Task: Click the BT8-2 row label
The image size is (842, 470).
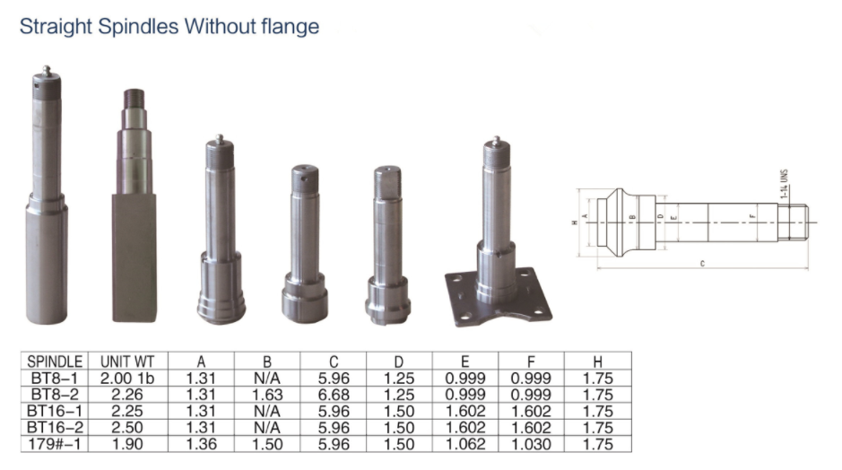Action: (53, 394)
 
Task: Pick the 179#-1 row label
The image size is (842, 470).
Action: (53, 444)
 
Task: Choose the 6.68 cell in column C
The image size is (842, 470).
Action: (334, 394)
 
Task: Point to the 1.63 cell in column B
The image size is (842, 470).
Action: (267, 394)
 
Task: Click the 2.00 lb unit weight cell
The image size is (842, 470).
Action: (127, 378)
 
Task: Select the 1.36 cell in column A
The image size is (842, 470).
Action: (201, 444)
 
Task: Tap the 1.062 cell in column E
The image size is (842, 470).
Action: (466, 444)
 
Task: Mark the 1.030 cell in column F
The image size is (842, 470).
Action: (532, 444)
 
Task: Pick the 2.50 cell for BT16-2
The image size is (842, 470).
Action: (127, 427)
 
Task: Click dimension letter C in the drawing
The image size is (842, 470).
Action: (702, 264)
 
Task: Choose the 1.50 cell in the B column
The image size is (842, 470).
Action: (267, 444)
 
